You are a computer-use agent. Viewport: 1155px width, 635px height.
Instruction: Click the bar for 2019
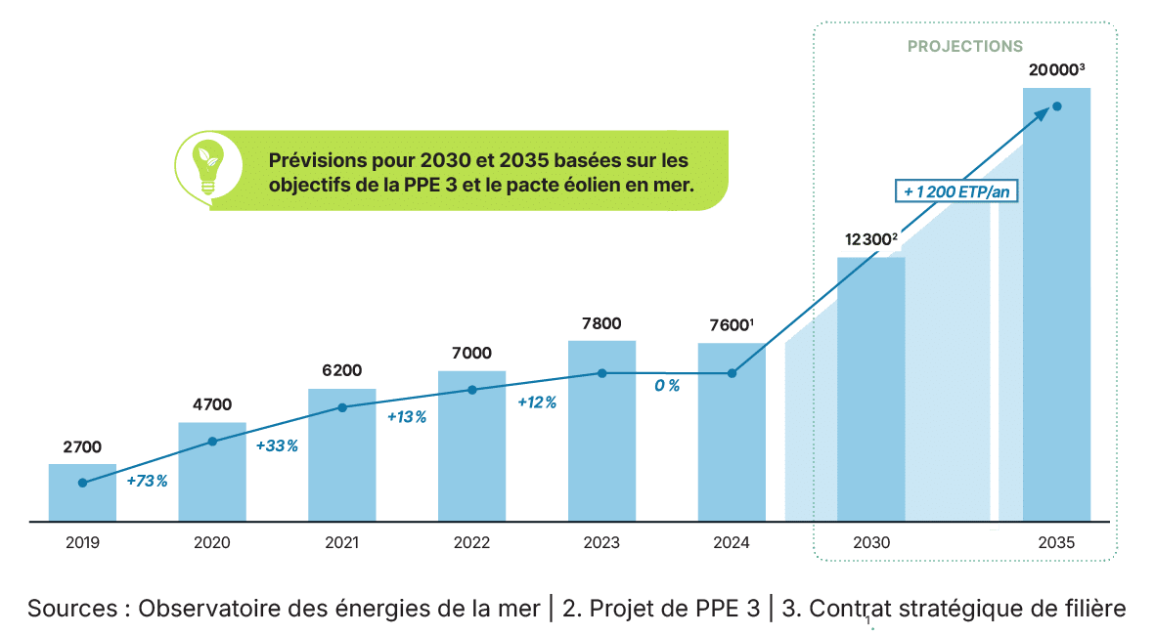click(82, 492)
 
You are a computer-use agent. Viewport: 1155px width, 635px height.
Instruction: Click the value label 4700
click(212, 404)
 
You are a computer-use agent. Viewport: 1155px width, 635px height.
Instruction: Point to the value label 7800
click(601, 323)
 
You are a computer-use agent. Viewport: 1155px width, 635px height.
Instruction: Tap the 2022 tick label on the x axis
click(471, 543)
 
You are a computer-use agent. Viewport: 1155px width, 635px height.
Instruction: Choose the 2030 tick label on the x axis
click(870, 543)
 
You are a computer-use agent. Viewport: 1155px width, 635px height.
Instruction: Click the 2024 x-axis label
click(731, 543)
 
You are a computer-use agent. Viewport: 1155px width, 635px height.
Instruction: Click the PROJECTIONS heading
click(965, 46)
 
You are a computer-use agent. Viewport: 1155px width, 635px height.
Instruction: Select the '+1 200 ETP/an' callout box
click(957, 192)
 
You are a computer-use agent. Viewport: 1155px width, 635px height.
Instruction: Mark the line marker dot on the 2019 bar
click(82, 483)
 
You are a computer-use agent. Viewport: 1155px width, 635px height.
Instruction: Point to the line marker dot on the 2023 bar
click(602, 373)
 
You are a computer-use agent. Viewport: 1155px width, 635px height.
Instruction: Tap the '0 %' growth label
click(668, 386)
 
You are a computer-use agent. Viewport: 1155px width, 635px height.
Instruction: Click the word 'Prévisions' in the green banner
click(316, 158)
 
